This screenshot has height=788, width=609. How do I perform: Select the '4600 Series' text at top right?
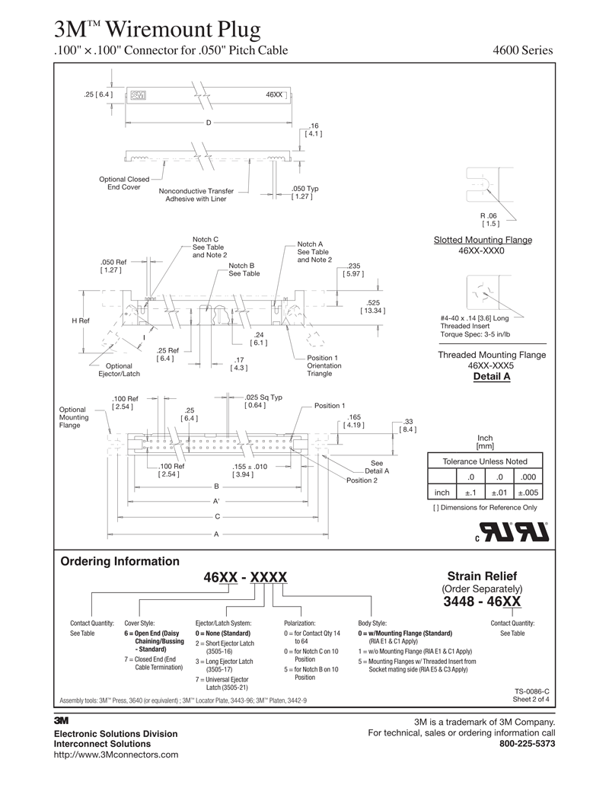tap(523, 51)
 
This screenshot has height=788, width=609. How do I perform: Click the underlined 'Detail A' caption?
tap(491, 376)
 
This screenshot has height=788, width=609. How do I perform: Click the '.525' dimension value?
tap(372, 302)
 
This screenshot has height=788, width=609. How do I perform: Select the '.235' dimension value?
tap(352, 266)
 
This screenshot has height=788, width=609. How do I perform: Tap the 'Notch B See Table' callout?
tap(244, 270)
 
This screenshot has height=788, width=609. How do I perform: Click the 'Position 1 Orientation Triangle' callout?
tap(324, 365)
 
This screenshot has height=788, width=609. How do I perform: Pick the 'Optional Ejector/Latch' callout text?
tap(119, 370)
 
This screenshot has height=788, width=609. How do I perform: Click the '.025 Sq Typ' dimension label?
tap(263, 397)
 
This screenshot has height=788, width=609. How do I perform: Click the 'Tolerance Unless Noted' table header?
tap(484, 461)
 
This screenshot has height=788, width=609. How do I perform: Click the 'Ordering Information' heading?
tap(120, 561)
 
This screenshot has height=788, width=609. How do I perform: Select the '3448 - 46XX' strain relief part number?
tap(483, 602)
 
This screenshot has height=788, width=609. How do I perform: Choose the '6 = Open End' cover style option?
tap(151, 633)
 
